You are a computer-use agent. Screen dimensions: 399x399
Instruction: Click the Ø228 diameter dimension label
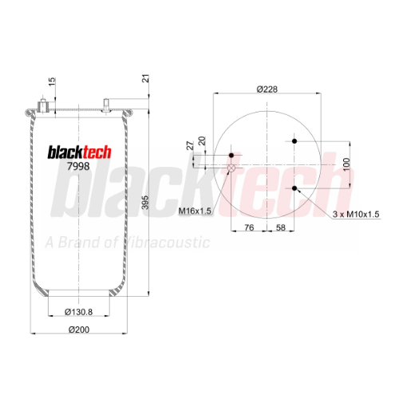click(267, 89)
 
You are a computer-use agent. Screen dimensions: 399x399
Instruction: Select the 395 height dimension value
click(145, 203)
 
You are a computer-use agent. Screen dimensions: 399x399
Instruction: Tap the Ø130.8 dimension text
click(79, 312)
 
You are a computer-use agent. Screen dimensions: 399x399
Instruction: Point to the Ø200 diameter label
click(79, 330)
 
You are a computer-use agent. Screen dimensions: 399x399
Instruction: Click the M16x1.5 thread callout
click(195, 211)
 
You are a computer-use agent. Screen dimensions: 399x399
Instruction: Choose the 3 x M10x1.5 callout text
click(356, 214)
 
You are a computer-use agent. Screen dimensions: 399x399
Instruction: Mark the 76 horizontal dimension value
click(249, 227)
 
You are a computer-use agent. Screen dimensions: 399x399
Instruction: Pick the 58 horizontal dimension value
click(281, 227)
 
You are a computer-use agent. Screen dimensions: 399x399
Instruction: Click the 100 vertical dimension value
click(346, 164)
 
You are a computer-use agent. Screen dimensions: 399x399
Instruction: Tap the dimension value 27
click(190, 146)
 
